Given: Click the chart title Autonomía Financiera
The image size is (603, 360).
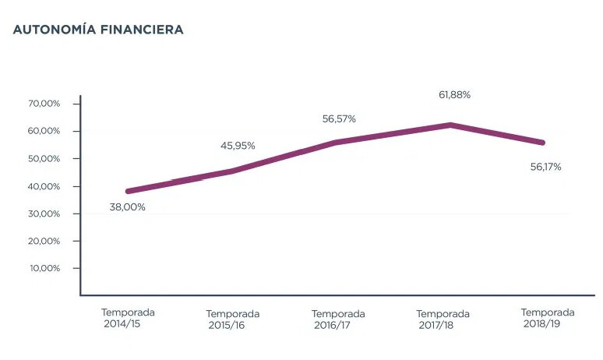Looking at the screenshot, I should [x=98, y=30].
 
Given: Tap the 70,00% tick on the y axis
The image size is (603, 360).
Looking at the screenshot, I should [x=44, y=104].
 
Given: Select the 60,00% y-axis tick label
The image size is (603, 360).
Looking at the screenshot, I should [x=44, y=131].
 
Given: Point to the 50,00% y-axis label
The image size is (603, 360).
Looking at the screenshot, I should [x=44, y=158].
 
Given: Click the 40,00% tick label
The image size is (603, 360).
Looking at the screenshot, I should [x=44, y=186].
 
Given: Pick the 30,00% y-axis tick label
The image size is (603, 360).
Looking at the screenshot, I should [x=44, y=214].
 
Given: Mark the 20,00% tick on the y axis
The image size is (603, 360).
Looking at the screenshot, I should [x=44, y=241].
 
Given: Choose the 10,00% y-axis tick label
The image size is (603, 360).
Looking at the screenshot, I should [x=44, y=268].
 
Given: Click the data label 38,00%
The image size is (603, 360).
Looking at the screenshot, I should [x=128, y=206].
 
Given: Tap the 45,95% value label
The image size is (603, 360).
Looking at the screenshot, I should [x=238, y=146].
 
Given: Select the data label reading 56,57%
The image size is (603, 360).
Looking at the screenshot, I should [x=339, y=119].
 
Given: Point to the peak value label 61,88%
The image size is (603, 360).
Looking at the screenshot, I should [x=454, y=95].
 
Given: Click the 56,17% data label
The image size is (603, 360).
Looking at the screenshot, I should [x=545, y=167].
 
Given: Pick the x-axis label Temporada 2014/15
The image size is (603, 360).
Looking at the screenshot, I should [x=128, y=318].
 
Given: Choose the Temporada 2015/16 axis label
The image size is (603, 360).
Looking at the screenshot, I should [x=232, y=319].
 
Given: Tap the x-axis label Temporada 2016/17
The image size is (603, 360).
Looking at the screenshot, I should [x=337, y=319].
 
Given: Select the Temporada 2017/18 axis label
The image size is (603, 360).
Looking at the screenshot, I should [x=443, y=319].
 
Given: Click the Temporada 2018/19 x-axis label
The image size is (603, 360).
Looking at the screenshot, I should [x=547, y=318].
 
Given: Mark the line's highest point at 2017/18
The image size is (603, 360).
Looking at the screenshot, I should [x=450, y=125].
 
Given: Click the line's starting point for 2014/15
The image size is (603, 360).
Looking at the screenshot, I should [x=128, y=191].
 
